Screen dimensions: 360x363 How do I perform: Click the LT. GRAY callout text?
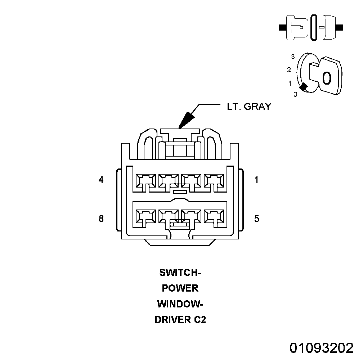248,107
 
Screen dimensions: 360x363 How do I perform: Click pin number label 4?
101,180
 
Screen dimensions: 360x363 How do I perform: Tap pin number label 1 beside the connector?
256,180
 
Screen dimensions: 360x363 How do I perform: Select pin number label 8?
101,219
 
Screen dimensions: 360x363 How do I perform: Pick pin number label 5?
256,219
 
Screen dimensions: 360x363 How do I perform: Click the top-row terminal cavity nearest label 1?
214,181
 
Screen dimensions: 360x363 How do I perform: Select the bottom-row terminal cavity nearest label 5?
214,217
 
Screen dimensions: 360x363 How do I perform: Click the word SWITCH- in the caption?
180,273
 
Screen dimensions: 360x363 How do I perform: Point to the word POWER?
180,288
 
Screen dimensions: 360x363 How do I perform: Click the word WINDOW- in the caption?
180,304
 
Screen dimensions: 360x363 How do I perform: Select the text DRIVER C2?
180,320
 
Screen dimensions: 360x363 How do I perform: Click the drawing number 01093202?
322,348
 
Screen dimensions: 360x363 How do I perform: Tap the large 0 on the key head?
326,78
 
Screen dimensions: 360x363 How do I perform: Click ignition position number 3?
293,57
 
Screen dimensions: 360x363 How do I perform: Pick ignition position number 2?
289,69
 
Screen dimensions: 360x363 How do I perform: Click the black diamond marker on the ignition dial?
304,87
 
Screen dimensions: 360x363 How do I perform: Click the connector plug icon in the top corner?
311,27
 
